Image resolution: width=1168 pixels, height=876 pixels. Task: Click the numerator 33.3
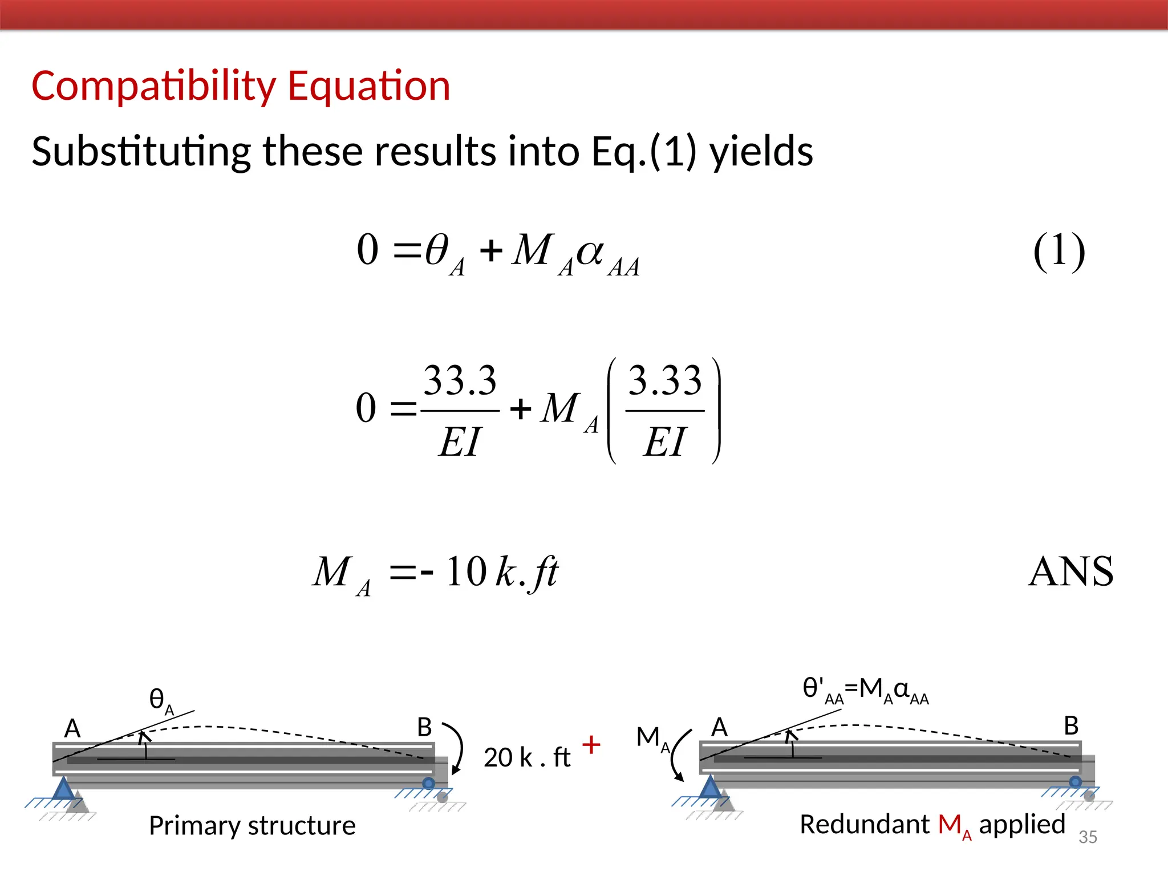460,380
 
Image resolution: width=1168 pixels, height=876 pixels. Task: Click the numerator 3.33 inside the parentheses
664,380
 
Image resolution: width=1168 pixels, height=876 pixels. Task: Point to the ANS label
1071,571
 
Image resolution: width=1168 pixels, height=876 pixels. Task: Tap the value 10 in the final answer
466,571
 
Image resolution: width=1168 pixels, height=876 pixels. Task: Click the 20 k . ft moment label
526,758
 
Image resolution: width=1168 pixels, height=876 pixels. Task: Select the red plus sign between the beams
591,745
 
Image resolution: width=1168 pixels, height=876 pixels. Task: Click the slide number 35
1088,837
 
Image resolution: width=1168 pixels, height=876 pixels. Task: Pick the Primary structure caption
252,825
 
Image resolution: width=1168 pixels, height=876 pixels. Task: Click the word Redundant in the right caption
864,824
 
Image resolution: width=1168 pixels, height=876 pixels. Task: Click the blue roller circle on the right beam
1075,782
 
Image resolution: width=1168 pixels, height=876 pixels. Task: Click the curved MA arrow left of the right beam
679,756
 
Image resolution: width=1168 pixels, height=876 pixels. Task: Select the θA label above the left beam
160,700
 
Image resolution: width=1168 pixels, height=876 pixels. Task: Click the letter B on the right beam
1071,726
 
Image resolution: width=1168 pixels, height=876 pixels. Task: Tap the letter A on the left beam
72,728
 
